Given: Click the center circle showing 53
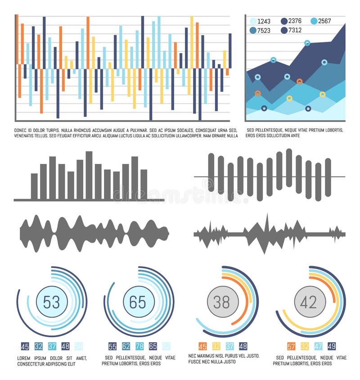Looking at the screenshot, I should (x=52, y=302).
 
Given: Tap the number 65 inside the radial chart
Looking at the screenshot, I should (x=138, y=302).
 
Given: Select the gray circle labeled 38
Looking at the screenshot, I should (x=222, y=302).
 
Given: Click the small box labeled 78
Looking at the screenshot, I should (x=139, y=346).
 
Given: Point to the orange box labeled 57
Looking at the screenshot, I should (x=291, y=346).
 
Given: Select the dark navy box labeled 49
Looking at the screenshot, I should (x=332, y=346).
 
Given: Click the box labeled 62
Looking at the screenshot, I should (x=126, y=346).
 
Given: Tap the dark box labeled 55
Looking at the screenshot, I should (x=112, y=346).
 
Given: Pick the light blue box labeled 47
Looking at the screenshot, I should (x=318, y=346).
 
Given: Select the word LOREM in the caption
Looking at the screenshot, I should (x=24, y=358).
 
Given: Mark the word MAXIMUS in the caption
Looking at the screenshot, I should (x=211, y=356).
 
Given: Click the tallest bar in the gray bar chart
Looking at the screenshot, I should (x=89, y=176).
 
